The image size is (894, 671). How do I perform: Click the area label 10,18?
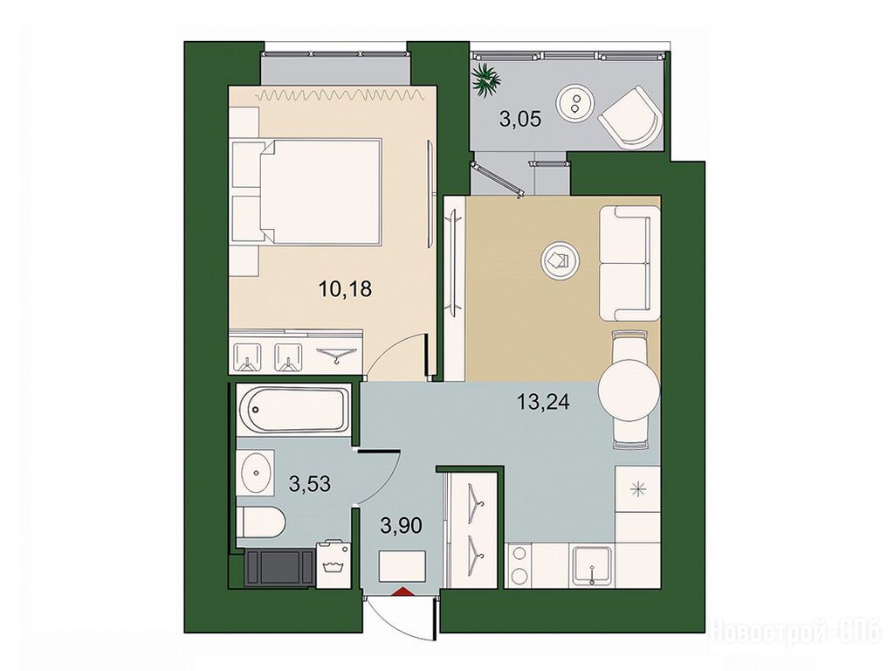346,288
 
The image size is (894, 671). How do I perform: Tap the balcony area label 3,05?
520,119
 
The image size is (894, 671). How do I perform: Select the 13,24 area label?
543,402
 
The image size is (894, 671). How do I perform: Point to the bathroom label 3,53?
310,484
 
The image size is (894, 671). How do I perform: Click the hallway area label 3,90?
402,525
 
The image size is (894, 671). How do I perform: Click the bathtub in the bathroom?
294,409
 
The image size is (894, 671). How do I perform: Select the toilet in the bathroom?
260,521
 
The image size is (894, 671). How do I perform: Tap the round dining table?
629,391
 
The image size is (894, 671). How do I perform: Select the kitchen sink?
593,566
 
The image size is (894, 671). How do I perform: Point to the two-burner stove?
519,565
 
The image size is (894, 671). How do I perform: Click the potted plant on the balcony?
486,81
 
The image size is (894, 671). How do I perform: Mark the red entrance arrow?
402,591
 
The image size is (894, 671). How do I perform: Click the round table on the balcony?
575,104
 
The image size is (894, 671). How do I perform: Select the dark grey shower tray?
279,567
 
